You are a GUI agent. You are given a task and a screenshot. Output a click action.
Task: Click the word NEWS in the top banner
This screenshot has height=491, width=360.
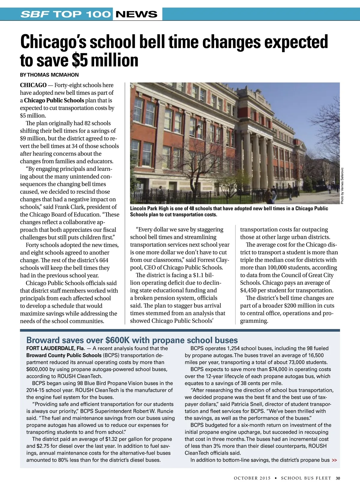pyautogui.click(x=136, y=14)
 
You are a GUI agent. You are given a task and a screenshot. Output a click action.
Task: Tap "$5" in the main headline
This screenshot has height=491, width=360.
pyautogui.click(x=80, y=60)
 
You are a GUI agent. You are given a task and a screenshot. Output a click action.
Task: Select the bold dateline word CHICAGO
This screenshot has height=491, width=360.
pyautogui.click(x=33, y=85)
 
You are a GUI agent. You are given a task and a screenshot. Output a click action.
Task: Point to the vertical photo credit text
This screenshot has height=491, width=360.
pyautogui.click(x=342, y=186)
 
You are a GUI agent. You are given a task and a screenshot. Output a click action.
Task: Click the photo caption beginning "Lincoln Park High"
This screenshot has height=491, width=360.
pyautogui.click(x=229, y=211)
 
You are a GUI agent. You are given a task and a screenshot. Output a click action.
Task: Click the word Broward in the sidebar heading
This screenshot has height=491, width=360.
pyautogui.click(x=43, y=340)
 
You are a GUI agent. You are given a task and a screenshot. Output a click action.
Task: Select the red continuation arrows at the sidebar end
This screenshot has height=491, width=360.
pyautogui.click(x=334, y=460)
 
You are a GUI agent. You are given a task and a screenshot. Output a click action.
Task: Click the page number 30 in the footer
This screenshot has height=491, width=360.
pyautogui.click(x=338, y=478)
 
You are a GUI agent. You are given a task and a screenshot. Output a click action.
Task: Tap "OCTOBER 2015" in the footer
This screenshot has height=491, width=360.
pyautogui.click(x=252, y=478)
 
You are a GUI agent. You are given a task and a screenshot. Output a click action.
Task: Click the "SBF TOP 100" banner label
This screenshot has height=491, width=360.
pyautogui.click(x=66, y=14)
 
